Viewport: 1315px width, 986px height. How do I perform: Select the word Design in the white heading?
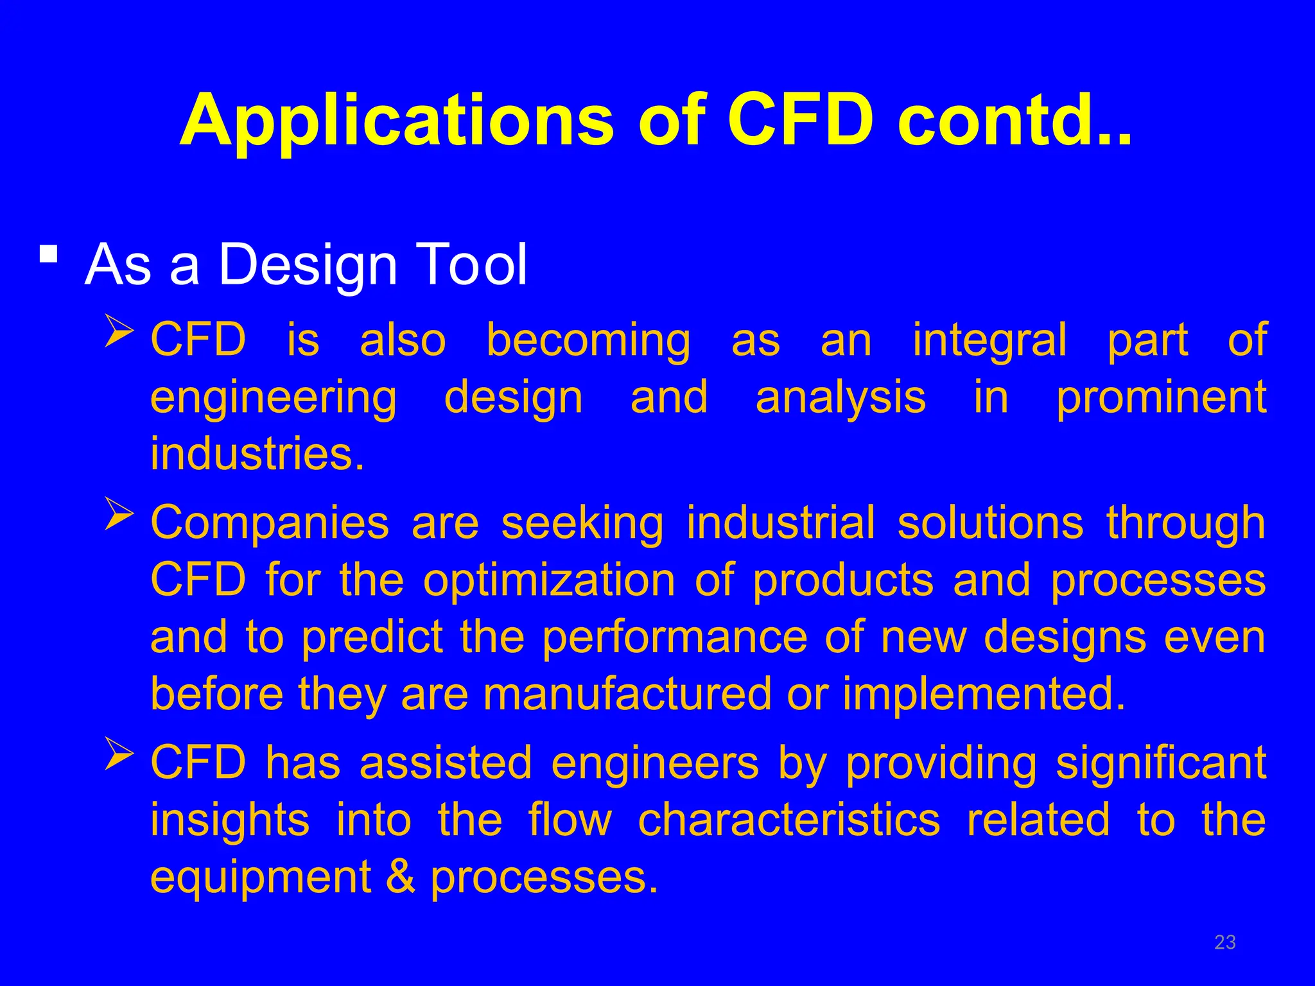[308, 264]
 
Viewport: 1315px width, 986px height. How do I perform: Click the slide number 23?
[1224, 942]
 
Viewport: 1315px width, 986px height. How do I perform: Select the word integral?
[989, 340]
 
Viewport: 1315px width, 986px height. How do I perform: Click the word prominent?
[1161, 397]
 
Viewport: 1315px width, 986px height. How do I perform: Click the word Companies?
[270, 523]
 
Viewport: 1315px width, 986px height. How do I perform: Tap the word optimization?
[549, 580]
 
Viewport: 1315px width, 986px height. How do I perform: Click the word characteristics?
[789, 820]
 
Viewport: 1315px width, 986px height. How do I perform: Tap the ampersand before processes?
[401, 877]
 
